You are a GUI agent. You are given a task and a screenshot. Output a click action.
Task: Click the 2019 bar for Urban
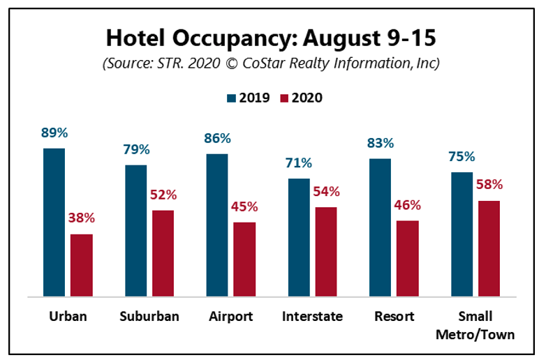pos(54,223)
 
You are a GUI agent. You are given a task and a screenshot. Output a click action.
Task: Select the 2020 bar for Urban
pos(81,266)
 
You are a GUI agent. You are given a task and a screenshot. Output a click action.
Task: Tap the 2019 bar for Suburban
pos(135,231)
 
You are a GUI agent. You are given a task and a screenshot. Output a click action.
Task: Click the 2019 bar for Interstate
pos(299,238)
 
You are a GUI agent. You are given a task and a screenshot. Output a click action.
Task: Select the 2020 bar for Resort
pos(407,259)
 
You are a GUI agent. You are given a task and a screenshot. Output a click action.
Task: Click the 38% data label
pos(81,218)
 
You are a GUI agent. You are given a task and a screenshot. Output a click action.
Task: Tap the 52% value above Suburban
pos(163,195)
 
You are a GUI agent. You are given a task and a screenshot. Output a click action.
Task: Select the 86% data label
pos(217,139)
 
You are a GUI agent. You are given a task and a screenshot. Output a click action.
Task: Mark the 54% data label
pos(325,191)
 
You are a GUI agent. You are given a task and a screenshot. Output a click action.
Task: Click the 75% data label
pos(462,156)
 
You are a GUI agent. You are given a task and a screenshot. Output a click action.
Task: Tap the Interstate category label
pos(312,317)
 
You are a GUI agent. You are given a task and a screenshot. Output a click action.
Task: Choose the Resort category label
pos(394,317)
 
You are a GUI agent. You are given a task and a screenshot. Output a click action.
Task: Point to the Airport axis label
pos(230,317)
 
